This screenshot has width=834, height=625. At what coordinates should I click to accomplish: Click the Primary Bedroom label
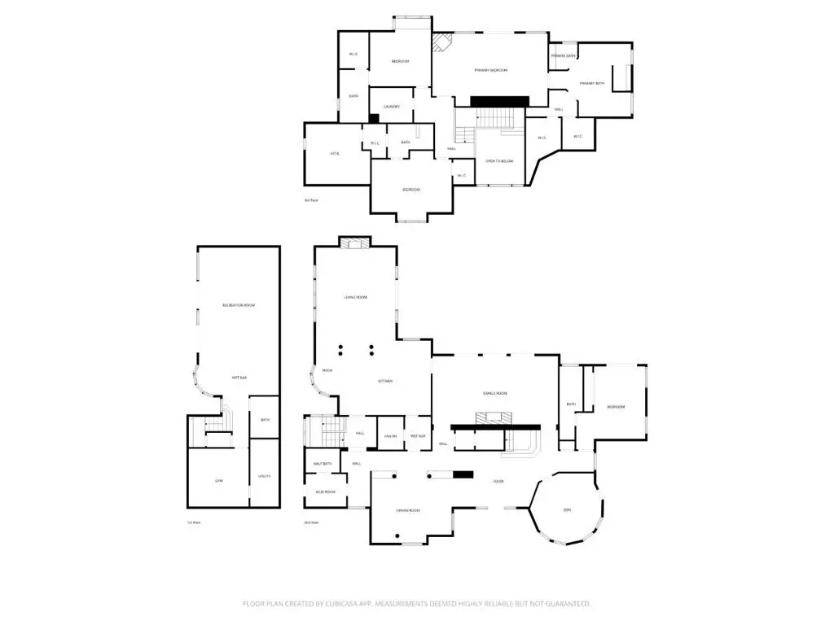point(491,71)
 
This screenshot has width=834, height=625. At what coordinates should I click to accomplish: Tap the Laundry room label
point(392,107)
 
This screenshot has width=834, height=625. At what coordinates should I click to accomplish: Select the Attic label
point(334,154)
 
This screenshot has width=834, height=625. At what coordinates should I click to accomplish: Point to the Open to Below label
point(499,161)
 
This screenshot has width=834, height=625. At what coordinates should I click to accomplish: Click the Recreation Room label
point(239,305)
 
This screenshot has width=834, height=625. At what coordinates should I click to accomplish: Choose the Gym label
point(218,481)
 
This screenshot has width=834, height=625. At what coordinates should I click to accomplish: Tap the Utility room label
point(264,476)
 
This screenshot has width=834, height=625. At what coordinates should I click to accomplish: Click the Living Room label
point(355,298)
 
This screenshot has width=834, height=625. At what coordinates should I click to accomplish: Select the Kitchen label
point(385,381)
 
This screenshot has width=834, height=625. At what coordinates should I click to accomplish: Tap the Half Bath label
point(323,464)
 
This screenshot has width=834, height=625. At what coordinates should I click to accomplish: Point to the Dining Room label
point(407,510)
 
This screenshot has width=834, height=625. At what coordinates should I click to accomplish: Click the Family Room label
point(495,393)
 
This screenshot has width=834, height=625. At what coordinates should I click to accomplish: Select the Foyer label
point(498,482)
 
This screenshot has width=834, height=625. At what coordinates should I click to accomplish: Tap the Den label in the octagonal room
point(567,510)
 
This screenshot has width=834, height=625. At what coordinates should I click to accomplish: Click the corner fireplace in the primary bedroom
point(442,43)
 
